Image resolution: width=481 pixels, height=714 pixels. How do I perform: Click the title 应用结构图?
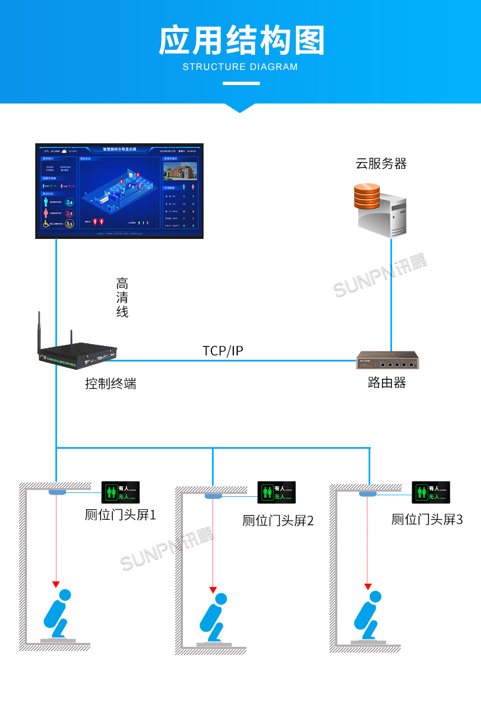(x=241, y=41)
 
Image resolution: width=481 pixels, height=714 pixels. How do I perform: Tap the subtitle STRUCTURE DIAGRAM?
(x=240, y=67)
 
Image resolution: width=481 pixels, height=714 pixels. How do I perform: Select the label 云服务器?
(x=381, y=163)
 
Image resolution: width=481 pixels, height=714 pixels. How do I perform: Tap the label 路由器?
(x=387, y=383)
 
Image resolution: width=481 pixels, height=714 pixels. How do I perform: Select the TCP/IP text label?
(x=223, y=351)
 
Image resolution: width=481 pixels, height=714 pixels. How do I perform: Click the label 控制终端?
(x=111, y=384)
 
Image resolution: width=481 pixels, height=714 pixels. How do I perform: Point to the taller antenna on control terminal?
(x=40, y=333)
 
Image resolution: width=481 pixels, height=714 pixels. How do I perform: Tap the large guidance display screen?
(x=119, y=191)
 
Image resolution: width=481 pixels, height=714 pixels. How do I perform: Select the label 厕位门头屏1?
(x=120, y=515)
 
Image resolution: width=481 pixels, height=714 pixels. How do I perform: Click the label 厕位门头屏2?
(x=278, y=521)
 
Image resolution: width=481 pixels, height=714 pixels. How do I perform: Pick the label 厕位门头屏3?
(x=427, y=520)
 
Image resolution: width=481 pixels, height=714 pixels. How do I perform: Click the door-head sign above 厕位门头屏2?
(x=276, y=492)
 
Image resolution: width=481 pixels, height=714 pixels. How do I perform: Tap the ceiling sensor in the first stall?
(x=57, y=492)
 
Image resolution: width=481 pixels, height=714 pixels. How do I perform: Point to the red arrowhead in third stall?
(x=367, y=586)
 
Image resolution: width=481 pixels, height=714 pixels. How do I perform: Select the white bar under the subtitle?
(x=241, y=83)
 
